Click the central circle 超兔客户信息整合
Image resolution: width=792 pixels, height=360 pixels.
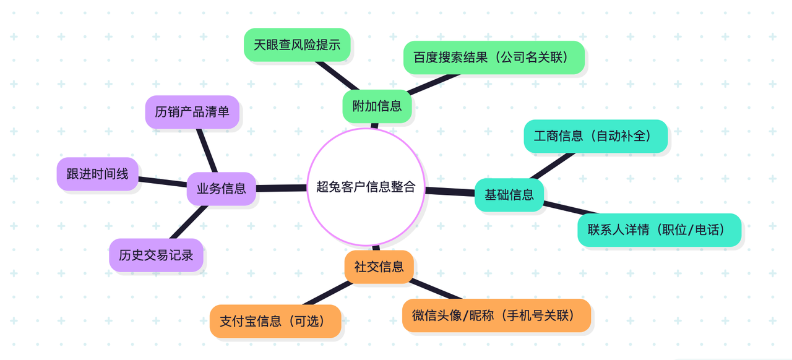click(366, 187)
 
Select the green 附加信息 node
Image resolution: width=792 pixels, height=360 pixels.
click(377, 106)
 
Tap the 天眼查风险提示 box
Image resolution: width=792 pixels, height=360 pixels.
click(297, 45)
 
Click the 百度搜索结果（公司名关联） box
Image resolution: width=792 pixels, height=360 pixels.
click(494, 58)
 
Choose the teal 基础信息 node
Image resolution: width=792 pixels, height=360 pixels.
click(509, 195)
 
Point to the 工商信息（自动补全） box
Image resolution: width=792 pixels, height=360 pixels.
click(595, 136)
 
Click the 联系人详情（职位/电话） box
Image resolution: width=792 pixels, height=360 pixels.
click(659, 230)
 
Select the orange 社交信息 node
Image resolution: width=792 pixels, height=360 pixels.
click(379, 267)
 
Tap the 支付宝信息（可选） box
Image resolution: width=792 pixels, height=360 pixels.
click(275, 321)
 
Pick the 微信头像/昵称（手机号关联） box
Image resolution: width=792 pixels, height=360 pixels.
click(496, 315)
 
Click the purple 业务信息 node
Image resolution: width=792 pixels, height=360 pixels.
click(222, 189)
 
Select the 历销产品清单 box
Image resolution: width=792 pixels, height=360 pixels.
click(192, 112)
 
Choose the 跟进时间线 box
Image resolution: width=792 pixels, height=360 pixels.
click(97, 174)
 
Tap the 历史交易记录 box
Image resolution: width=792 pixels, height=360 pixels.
click(156, 255)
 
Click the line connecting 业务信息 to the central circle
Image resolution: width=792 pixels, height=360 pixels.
click(282, 188)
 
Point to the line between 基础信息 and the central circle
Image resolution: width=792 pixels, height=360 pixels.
click(450, 192)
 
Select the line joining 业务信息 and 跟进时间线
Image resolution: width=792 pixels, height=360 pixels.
click(163, 181)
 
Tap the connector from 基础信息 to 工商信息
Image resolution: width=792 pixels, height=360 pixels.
click(552, 166)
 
